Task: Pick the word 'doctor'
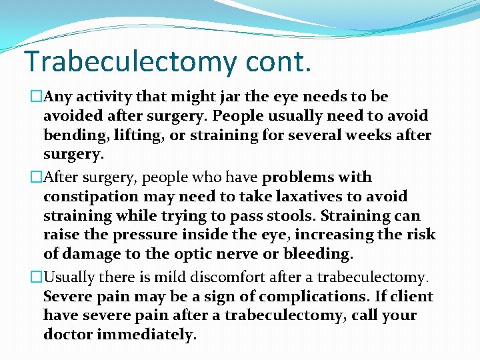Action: point(68,334)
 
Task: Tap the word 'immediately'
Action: point(147,334)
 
